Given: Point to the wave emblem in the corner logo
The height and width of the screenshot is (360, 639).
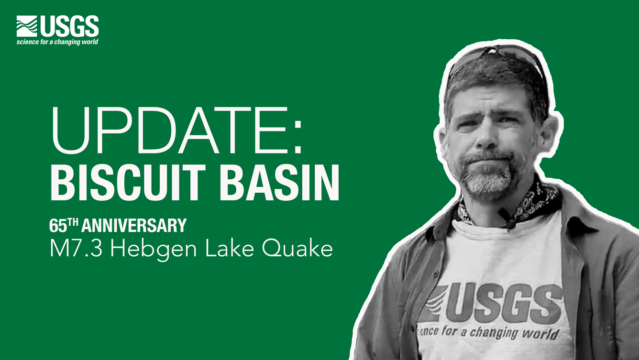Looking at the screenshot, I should click(x=27, y=26).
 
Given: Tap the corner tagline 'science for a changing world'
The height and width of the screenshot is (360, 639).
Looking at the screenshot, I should click(x=57, y=42).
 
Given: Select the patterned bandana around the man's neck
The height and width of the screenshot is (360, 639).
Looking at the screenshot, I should click(x=536, y=203).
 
